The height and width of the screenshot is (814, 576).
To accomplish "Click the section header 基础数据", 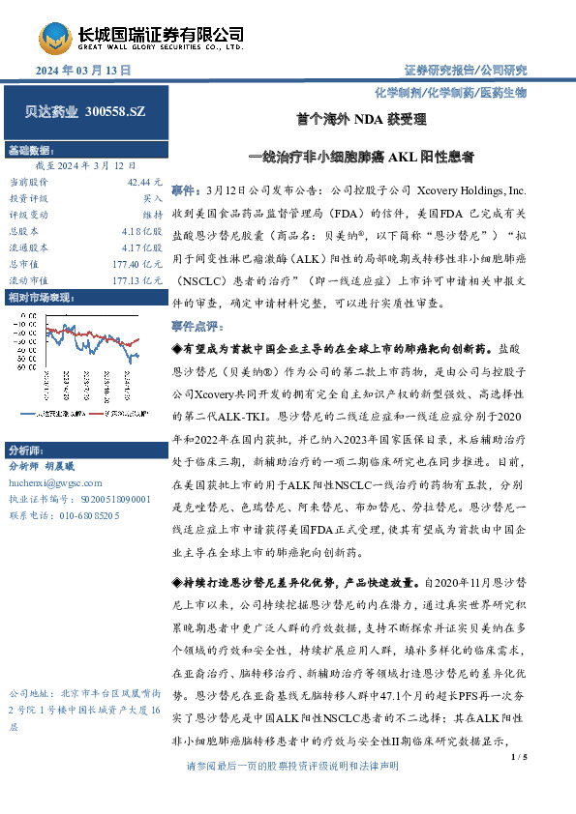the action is pos(31,151).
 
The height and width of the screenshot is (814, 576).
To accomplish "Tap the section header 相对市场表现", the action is pos(40,298).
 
